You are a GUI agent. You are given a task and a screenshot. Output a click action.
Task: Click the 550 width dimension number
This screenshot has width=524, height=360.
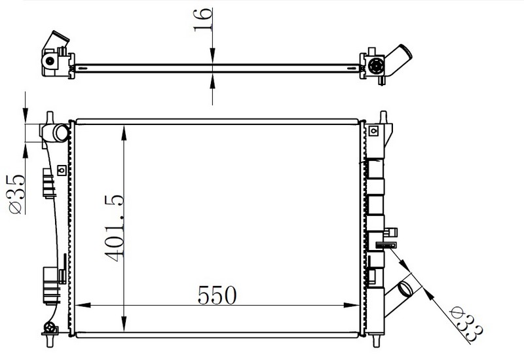click(x=217, y=295)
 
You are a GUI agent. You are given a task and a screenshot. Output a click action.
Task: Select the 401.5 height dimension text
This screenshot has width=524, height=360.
click(x=114, y=228)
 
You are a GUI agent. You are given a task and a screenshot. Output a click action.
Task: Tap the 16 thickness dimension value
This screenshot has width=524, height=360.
click(x=202, y=20)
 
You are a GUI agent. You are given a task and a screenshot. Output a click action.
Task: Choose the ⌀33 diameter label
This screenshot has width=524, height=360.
click(x=466, y=324)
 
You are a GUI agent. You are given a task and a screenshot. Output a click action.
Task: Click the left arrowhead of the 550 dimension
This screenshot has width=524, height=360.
click(x=83, y=305)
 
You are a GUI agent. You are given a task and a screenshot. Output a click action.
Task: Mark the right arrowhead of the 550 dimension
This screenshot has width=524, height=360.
click(x=351, y=305)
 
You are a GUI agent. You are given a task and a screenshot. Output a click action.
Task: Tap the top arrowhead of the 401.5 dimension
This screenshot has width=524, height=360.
click(x=124, y=133)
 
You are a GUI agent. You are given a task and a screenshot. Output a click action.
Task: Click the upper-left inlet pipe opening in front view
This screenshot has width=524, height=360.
click(x=62, y=133)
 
